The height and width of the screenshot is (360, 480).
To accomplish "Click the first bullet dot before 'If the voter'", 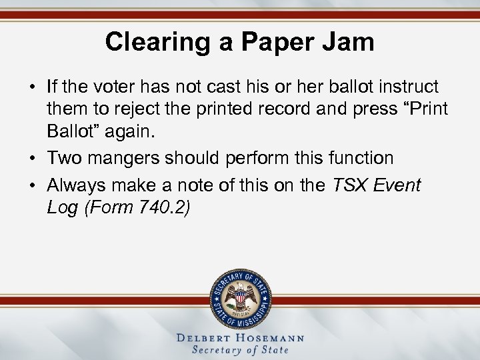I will pyautogui.click(x=32, y=87).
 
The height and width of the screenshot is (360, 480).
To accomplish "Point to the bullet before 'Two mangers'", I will pyautogui.click(x=32, y=159).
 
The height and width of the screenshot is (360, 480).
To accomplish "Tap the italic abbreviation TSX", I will pyautogui.click(x=347, y=185).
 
